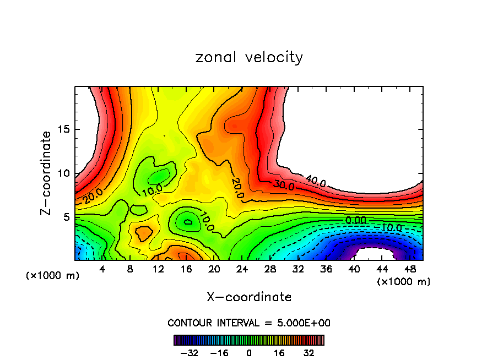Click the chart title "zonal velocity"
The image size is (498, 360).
tap(249, 57)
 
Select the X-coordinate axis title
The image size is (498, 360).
tap(249, 297)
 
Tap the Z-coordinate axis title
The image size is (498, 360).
tap(47, 173)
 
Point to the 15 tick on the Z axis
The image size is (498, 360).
tap(63, 129)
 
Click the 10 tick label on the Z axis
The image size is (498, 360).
tap(63, 173)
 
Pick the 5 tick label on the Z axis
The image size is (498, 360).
tap(66, 217)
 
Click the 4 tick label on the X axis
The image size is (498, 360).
tap(102, 270)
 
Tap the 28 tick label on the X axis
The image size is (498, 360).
tap(270, 270)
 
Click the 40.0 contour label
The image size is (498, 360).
tap(315, 180)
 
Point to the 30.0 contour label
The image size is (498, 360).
tap(283, 185)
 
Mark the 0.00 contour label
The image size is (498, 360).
tap(355, 220)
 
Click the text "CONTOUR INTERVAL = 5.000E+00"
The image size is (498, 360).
tap(249, 323)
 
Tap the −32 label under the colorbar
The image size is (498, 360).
tap(188, 353)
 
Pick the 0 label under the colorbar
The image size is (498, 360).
tap(249, 353)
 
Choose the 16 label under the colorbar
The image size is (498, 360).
tap(279, 353)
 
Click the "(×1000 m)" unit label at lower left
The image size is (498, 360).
tap(53, 276)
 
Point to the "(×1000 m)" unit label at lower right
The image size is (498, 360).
tap(404, 282)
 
